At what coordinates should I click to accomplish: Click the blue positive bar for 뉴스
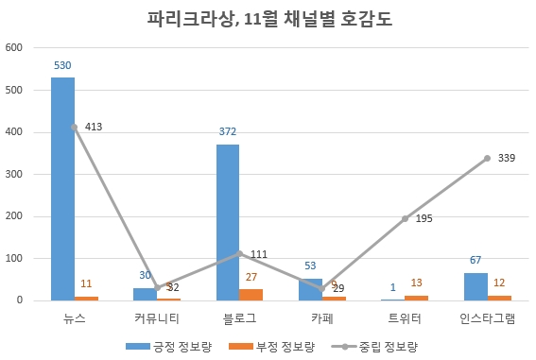coord(62,189)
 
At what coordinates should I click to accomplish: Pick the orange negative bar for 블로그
coord(251,295)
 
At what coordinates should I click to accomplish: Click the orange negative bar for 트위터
coord(417,298)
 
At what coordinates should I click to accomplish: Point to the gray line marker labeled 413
coord(74,127)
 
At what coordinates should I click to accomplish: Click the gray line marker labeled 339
coord(487,158)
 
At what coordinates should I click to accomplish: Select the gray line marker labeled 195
coord(405,218)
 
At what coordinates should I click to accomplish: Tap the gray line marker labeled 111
coord(239,253)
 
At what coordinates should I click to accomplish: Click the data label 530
coord(62,65)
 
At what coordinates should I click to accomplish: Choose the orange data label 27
coord(251,277)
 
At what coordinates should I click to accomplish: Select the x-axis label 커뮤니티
coord(157,317)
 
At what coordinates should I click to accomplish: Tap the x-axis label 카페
coord(322,317)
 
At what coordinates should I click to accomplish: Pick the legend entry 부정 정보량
coord(274,346)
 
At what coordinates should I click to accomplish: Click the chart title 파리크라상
coord(268,18)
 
